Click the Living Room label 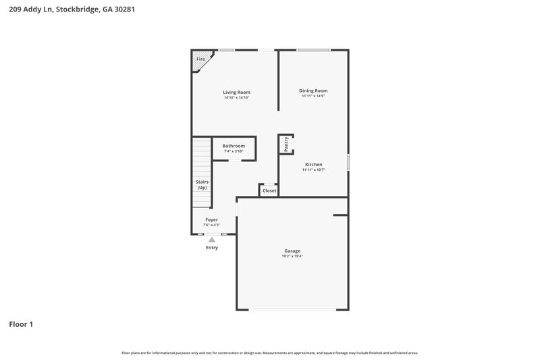point(237,92)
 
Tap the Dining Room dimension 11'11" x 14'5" point(313,96)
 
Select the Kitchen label point(313,164)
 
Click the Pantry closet point(286,143)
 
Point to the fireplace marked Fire point(200,59)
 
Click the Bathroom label point(234,146)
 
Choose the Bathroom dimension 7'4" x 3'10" point(234,151)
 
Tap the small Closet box point(269,190)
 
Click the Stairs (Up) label point(202,184)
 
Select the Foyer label point(212,220)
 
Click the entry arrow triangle point(212,239)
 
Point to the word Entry point(212,248)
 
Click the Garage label point(292,251)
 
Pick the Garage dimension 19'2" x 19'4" point(292,257)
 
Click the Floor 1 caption point(21,324)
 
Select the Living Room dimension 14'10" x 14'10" point(237,98)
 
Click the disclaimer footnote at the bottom point(269,353)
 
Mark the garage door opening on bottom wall point(292,309)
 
